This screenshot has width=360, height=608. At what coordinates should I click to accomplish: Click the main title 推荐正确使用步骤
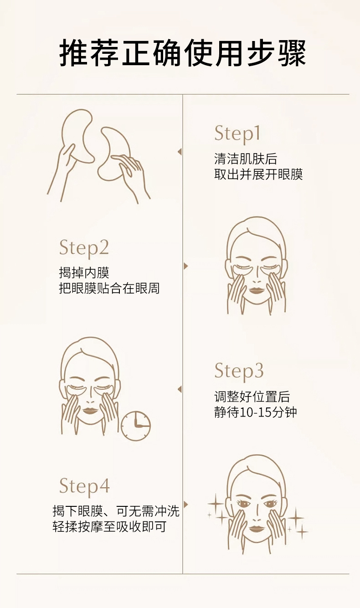(x=183, y=52)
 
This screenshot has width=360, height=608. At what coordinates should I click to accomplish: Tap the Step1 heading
(x=237, y=134)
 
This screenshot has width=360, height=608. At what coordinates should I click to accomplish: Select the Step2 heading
(x=84, y=248)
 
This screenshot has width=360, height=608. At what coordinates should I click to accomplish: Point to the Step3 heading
(x=239, y=371)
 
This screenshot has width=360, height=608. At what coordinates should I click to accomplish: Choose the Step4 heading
(x=84, y=486)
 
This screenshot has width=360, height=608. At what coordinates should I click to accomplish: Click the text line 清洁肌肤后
(x=246, y=159)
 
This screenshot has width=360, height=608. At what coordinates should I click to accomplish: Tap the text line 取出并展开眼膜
(x=258, y=174)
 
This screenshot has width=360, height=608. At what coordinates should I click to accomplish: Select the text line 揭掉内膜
(x=84, y=273)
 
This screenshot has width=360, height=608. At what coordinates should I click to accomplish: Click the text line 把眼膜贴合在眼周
(x=109, y=288)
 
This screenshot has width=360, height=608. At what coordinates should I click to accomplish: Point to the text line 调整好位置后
(x=252, y=397)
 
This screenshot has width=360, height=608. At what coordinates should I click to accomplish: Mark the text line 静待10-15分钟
(x=256, y=412)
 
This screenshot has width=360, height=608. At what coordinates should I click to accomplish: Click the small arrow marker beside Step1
(x=180, y=152)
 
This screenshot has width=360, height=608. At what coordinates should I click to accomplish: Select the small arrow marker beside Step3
(x=180, y=390)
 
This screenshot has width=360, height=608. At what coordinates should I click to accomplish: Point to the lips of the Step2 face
(x=257, y=291)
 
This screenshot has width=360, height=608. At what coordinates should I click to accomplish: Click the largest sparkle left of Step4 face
(x=216, y=504)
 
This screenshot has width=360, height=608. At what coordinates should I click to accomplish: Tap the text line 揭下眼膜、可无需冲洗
(x=116, y=511)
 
